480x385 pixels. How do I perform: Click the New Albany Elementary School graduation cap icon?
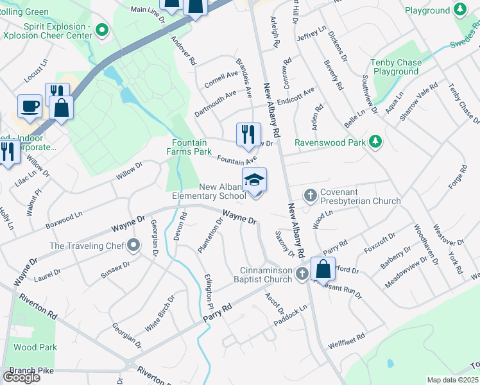[x=254, y=180]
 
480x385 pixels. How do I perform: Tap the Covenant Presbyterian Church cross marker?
[x=311, y=194]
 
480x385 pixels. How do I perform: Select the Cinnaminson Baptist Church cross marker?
[x=303, y=275]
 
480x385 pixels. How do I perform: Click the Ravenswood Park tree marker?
[x=377, y=142]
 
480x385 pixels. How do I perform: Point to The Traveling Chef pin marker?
[x=133, y=245]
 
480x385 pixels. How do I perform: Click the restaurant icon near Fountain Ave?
[x=248, y=135]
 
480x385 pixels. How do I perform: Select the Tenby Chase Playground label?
[x=396, y=67]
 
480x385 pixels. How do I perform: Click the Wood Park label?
[x=35, y=347]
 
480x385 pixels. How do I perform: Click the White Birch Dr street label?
[x=160, y=313]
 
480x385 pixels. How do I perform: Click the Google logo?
[x=21, y=377]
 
